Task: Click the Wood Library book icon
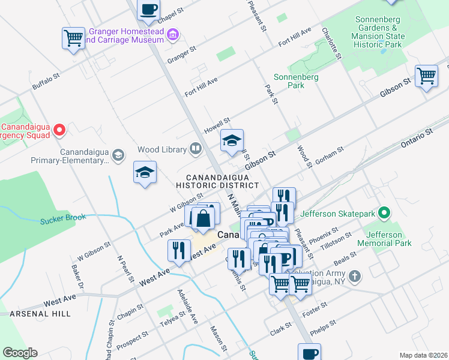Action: (196, 148)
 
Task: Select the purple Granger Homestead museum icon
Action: (173, 35)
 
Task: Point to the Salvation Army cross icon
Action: (355, 276)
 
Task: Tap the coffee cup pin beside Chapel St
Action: (148, 10)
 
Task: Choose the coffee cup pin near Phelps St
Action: (309, 353)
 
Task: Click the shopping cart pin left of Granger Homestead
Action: (74, 38)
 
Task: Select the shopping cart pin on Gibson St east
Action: (426, 76)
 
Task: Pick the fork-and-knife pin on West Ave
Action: (179, 250)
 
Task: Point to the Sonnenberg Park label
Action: (289, 81)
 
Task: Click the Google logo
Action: (20, 353)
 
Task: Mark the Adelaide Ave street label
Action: (187, 305)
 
